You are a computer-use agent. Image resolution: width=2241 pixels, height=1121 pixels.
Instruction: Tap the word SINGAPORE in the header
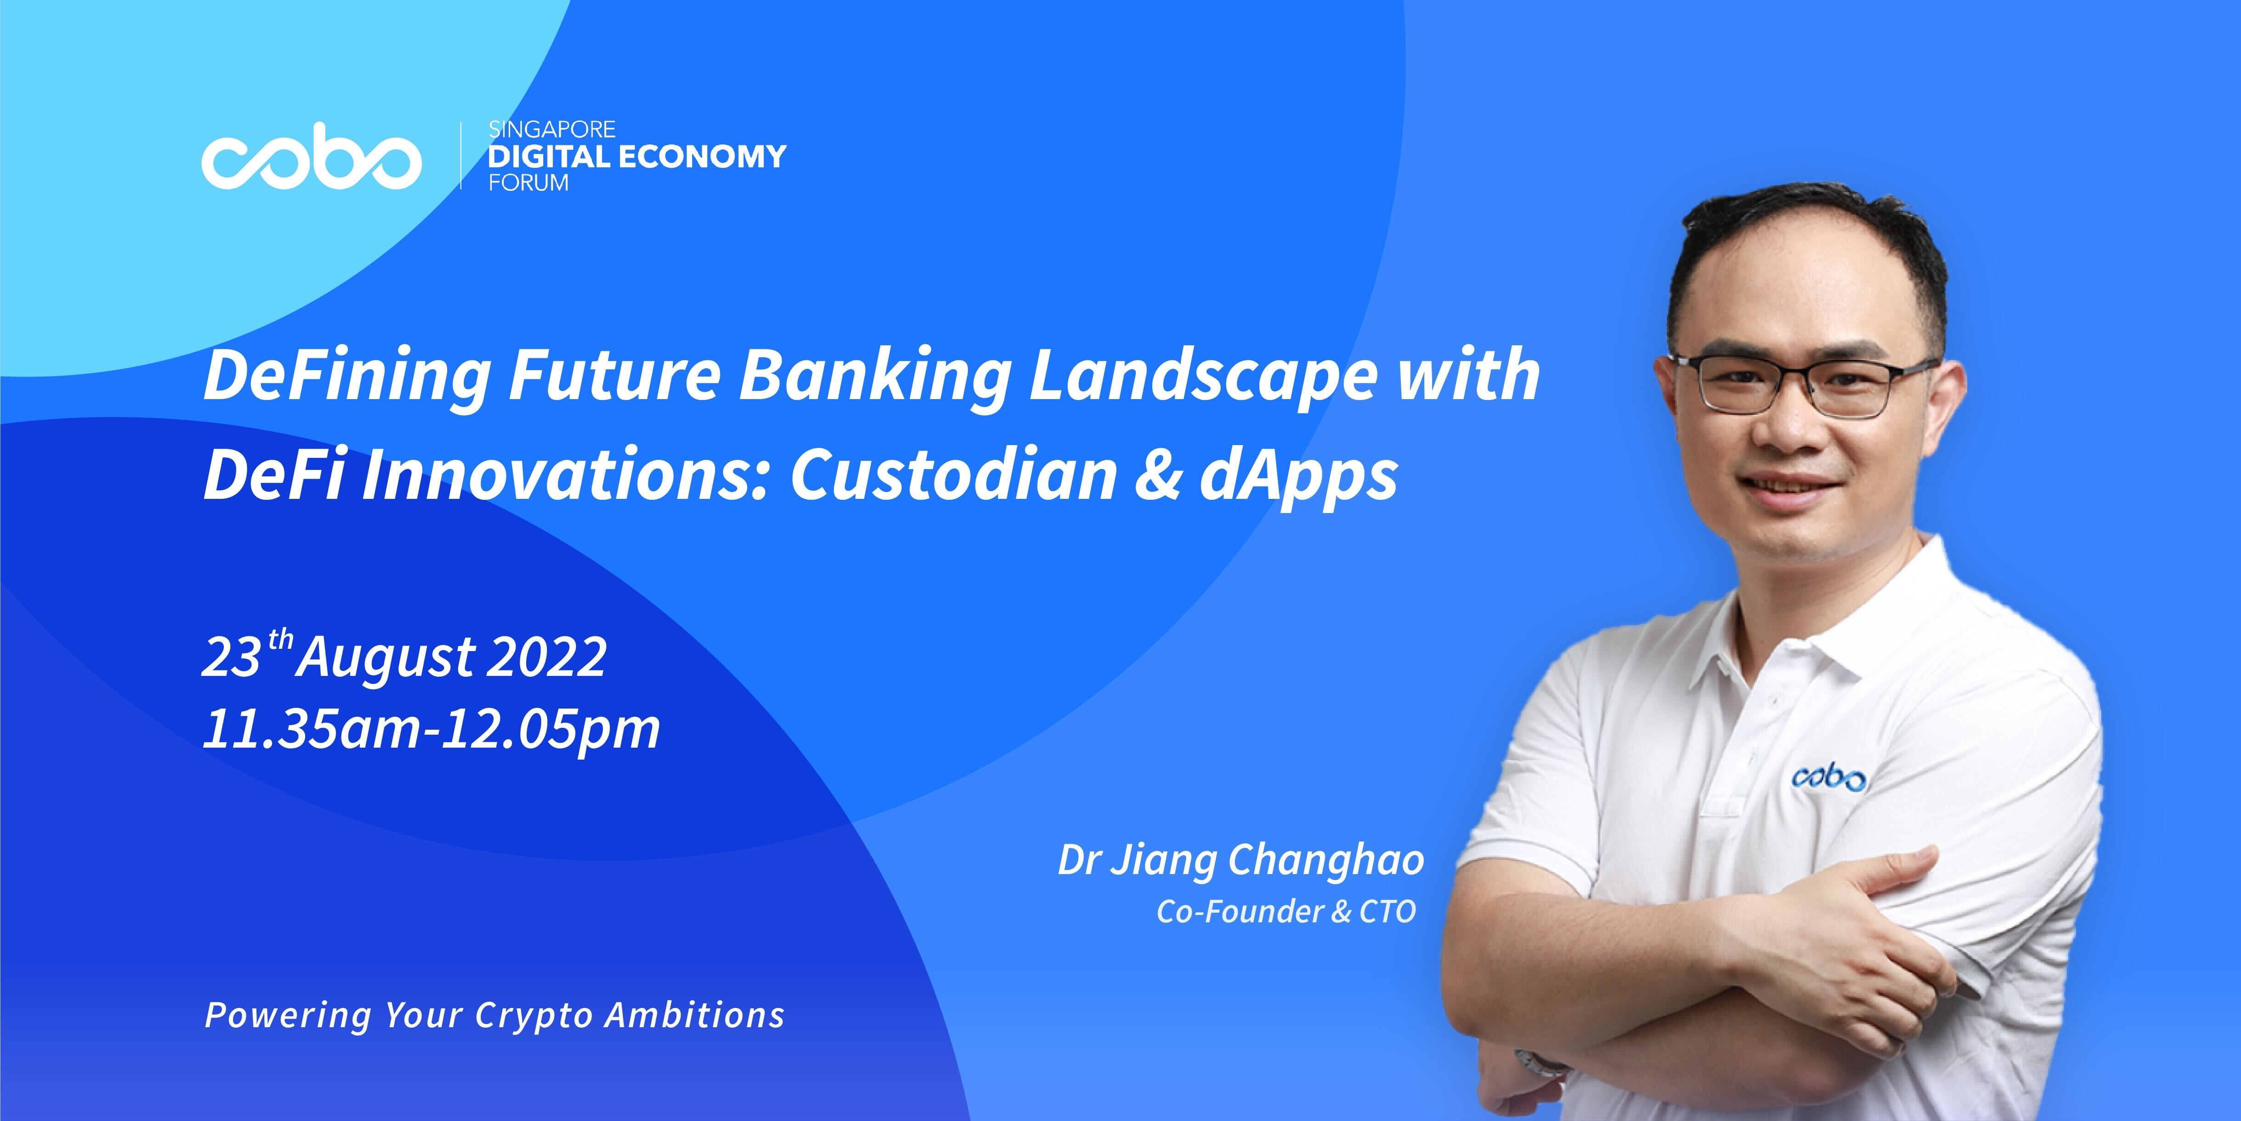552,130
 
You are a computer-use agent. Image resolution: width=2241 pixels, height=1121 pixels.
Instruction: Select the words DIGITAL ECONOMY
637,157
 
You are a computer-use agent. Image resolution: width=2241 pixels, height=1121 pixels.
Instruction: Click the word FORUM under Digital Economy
528,183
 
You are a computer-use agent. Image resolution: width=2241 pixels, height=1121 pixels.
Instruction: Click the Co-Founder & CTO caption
1286,911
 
